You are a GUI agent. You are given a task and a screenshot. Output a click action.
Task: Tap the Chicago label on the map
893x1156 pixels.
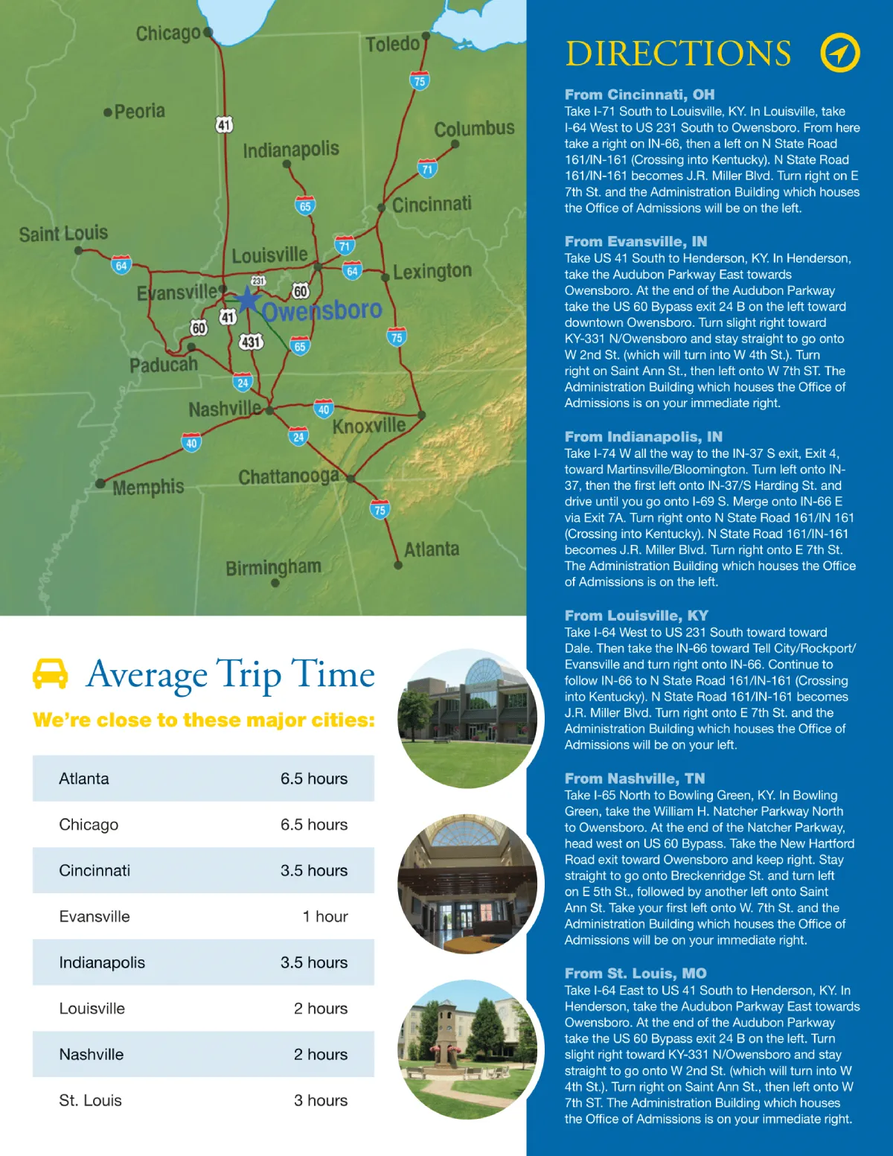(168, 33)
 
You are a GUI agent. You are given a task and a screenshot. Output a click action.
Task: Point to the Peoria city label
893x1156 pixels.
(139, 112)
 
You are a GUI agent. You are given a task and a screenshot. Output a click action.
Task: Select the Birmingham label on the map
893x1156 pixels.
(273, 567)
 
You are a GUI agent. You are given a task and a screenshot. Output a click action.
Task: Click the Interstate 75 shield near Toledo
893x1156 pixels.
(420, 81)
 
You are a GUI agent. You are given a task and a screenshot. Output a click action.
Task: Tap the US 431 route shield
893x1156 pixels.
(251, 342)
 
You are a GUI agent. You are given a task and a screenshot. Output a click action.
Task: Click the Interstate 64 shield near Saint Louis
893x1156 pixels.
(121, 265)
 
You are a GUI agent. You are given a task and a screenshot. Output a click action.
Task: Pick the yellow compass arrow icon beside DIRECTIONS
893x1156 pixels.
(839, 53)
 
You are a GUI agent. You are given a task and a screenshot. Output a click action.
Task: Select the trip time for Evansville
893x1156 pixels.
(325, 916)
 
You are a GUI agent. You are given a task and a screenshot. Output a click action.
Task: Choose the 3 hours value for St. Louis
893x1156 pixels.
(321, 1100)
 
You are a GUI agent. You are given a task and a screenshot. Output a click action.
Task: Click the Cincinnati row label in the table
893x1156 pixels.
(95, 870)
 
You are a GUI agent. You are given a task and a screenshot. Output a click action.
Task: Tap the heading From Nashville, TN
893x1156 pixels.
(634, 779)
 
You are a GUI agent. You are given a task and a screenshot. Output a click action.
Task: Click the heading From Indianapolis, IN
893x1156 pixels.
(643, 437)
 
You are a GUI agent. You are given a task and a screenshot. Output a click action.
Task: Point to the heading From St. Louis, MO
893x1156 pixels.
(635, 974)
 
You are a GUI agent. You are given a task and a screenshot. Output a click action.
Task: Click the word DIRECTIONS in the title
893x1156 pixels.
(678, 54)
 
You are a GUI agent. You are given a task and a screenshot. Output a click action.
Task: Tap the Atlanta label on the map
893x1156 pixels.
(432, 549)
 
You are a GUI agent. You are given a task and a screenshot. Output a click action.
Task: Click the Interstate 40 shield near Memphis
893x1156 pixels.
(191, 443)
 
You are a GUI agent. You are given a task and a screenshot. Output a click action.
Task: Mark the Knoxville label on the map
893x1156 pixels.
(368, 426)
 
